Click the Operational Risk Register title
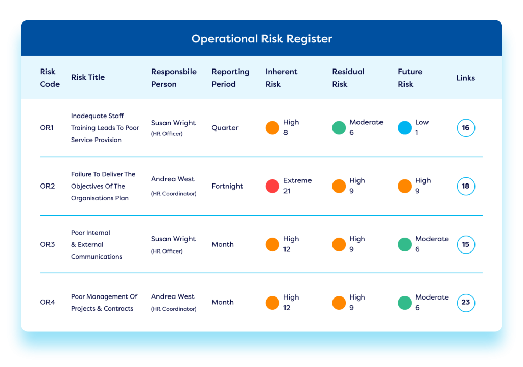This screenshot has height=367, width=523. tap(261, 39)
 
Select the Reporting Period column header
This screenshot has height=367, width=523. tap(230, 78)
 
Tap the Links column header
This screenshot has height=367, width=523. tap(465, 78)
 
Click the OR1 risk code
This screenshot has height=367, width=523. tap(46, 128)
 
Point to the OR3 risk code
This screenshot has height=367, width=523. tap(47, 244)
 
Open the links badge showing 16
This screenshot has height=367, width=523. tap(466, 128)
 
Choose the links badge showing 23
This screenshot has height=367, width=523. tap(466, 302)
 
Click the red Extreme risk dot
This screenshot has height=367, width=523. tap(272, 186)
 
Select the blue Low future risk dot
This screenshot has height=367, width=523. tap(405, 128)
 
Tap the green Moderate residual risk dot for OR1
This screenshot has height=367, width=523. tap(339, 128)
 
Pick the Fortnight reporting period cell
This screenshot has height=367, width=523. tap(227, 186)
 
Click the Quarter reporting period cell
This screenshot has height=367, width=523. tap(225, 128)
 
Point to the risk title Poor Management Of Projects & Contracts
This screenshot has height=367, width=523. tap(104, 303)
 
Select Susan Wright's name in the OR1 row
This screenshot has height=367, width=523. tap(173, 123)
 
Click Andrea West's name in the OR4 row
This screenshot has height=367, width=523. tap(173, 296)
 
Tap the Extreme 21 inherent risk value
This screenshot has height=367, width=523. tap(297, 186)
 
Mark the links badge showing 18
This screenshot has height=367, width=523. tap(466, 186)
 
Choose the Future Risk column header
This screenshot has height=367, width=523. tap(410, 78)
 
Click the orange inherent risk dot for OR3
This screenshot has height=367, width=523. tap(272, 244)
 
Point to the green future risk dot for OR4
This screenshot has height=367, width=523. tap(405, 303)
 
